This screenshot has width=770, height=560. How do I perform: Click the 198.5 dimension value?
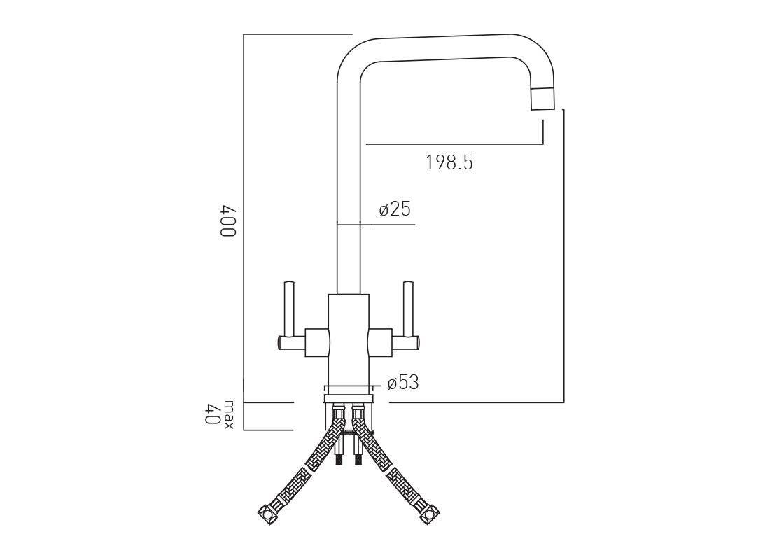point(449,162)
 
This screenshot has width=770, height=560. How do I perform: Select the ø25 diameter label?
point(395,209)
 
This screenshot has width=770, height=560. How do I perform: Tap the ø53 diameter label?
point(402,383)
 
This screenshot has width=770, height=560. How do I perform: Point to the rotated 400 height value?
point(229,221)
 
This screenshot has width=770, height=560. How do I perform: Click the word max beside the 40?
point(229,416)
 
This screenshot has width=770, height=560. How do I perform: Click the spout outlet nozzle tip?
point(543,99)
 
